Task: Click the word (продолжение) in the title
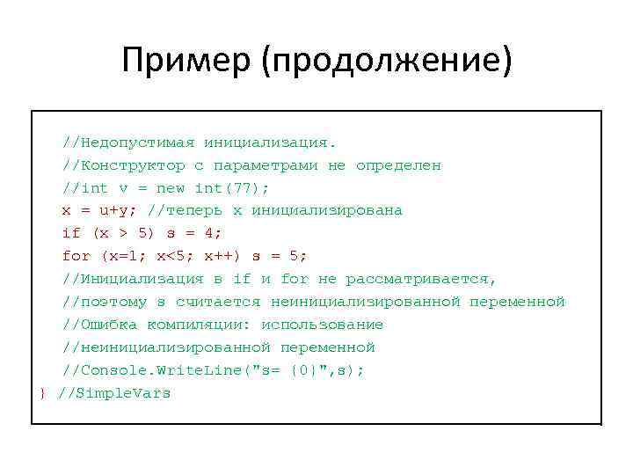tap(392, 61)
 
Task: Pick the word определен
tap(398, 165)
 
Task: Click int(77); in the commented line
tap(232, 188)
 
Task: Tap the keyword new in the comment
tap(171, 188)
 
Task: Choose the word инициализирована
tap(327, 211)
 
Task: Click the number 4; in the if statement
tap(213, 233)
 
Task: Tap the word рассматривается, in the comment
tap(421, 279)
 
